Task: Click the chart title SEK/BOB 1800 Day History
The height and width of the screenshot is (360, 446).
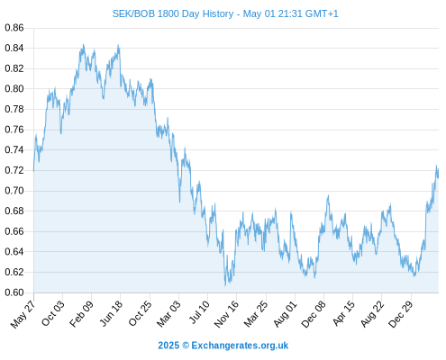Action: pyautogui.click(x=173, y=13)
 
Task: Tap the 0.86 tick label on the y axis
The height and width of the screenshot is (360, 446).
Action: pyautogui.click(x=14, y=28)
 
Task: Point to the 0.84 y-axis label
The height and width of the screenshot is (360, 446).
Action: pyautogui.click(x=14, y=48)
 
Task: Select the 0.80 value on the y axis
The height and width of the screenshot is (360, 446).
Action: pyautogui.click(x=14, y=89)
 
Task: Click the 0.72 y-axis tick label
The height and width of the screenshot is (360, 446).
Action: pyautogui.click(x=14, y=170)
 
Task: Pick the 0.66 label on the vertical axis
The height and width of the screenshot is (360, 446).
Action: pyautogui.click(x=14, y=231)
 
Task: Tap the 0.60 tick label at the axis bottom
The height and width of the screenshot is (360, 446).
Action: pyautogui.click(x=14, y=292)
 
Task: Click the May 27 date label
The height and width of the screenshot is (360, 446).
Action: pyautogui.click(x=23, y=314)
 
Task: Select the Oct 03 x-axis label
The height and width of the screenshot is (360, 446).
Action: pyautogui.click(x=53, y=313)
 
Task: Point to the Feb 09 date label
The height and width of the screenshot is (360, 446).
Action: pyautogui.click(x=81, y=313)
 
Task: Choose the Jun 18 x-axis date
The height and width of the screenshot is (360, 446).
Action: pyautogui.click(x=111, y=313)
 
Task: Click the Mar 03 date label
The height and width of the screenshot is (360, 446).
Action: pyautogui.click(x=168, y=313)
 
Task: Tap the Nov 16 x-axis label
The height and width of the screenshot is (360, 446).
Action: pyautogui.click(x=226, y=314)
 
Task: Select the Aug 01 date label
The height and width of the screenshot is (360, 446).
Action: pyautogui.click(x=285, y=313)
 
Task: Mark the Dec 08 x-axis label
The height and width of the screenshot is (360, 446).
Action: pyautogui.click(x=314, y=314)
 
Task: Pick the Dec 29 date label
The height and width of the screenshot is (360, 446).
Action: pyautogui.click(x=401, y=314)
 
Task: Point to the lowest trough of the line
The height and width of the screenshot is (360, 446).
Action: pyautogui.click(x=225, y=285)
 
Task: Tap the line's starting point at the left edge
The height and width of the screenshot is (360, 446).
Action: pyautogui.click(x=34, y=171)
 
